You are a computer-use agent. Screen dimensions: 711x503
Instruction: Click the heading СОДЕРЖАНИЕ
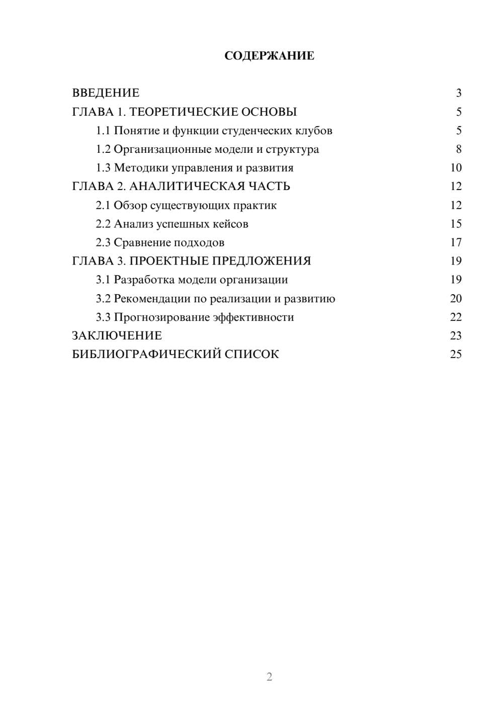click(269, 56)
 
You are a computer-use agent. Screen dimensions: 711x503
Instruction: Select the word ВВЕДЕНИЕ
click(106, 93)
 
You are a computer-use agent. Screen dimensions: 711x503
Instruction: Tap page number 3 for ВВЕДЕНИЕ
click(458, 93)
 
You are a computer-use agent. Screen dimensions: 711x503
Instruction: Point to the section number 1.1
click(103, 131)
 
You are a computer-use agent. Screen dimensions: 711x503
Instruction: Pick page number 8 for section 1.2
click(458, 149)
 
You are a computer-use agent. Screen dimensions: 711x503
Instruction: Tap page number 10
click(456, 168)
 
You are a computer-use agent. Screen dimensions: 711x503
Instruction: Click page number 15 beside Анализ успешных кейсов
click(456, 224)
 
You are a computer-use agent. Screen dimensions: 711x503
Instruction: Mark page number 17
click(456, 242)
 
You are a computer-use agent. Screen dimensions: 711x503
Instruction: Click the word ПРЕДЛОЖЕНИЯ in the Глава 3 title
click(261, 261)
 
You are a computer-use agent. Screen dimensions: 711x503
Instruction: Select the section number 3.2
click(103, 299)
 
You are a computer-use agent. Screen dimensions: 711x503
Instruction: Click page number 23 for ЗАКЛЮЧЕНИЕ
click(456, 336)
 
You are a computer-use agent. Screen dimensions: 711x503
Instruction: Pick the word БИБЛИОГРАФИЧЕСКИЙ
click(146, 354)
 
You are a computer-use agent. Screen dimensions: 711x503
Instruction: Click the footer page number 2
click(269, 677)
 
